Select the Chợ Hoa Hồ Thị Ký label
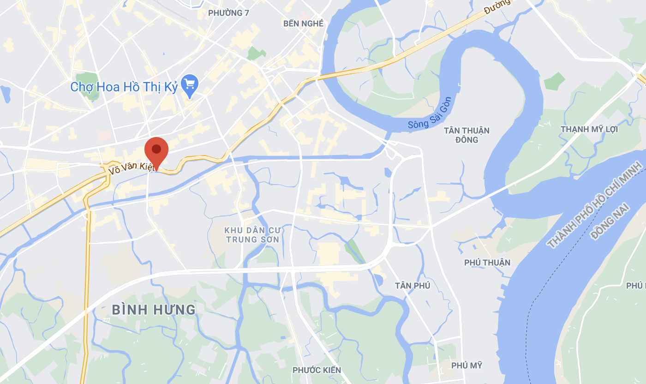(x=124, y=87)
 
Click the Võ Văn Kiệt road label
(x=131, y=166)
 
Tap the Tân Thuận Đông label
(x=467, y=135)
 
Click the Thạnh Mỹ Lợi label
(x=589, y=129)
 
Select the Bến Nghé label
(x=303, y=24)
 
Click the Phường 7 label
(x=228, y=13)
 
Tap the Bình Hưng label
(x=154, y=309)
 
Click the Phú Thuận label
(x=487, y=263)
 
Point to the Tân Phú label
(x=413, y=286)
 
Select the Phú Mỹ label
(x=467, y=365)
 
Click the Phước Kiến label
(x=317, y=370)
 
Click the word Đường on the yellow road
(x=498, y=7)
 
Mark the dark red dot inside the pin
(x=156, y=149)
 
